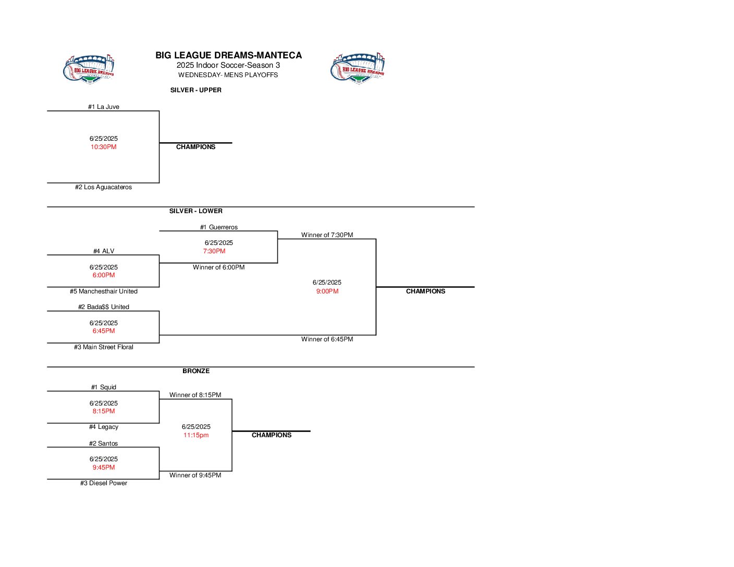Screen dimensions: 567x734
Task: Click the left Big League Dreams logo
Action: click(x=89, y=68)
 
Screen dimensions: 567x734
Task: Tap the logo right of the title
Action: click(x=358, y=68)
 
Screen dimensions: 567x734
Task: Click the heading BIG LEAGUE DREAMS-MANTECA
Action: click(x=228, y=55)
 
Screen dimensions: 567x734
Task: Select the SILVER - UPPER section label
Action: click(x=196, y=90)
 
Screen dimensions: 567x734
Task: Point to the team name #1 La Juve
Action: click(x=104, y=107)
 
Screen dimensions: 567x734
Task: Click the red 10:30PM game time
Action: click(x=104, y=147)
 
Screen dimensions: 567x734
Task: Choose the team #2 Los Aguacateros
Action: click(x=103, y=187)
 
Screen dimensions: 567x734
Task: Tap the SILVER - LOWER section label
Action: click(x=196, y=211)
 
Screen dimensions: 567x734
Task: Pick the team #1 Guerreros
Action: click(x=219, y=227)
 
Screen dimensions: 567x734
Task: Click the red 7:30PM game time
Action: click(x=214, y=251)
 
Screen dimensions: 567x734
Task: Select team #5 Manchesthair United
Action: click(x=104, y=291)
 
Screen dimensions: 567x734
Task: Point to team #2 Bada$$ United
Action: click(x=104, y=307)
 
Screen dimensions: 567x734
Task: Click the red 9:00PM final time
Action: click(x=327, y=291)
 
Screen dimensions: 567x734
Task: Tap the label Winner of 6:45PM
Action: click(x=327, y=339)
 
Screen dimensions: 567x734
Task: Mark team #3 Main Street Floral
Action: click(x=104, y=347)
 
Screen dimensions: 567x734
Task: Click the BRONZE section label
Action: click(x=196, y=371)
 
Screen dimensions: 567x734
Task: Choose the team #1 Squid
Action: click(x=104, y=387)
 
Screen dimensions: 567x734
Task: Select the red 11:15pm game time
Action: click(x=196, y=435)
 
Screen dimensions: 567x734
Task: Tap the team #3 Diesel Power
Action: click(x=104, y=483)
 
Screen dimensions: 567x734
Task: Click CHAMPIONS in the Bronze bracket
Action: click(x=272, y=435)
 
